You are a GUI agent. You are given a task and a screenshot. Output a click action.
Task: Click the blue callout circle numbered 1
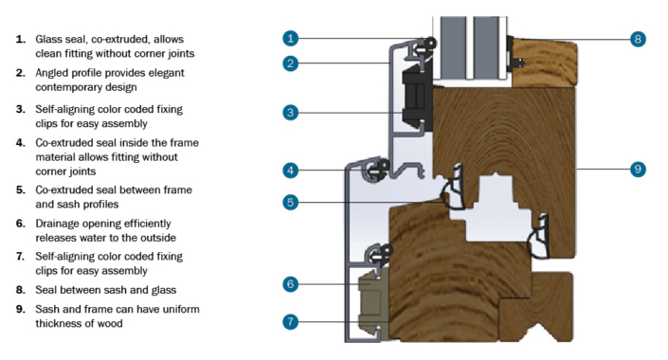pyautogui.click(x=291, y=39)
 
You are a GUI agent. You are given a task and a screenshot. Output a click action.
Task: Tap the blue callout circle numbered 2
pyautogui.click(x=291, y=63)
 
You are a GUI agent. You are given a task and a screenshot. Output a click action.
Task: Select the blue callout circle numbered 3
pyautogui.click(x=291, y=113)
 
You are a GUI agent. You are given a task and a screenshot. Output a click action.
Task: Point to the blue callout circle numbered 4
pyautogui.click(x=291, y=171)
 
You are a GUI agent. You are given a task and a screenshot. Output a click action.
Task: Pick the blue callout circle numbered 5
pyautogui.click(x=291, y=201)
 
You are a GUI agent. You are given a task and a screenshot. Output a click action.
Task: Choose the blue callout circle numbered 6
pyautogui.click(x=291, y=283)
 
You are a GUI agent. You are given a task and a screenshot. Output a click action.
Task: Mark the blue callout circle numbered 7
pyautogui.click(x=291, y=321)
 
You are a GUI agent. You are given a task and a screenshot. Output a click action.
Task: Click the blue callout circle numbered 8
pyautogui.click(x=638, y=39)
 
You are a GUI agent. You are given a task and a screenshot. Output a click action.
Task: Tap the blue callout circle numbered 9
pyautogui.click(x=638, y=169)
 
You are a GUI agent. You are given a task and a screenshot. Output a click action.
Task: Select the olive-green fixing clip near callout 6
pyautogui.click(x=373, y=295)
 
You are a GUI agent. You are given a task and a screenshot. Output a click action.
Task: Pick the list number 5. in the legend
pyautogui.click(x=20, y=189)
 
